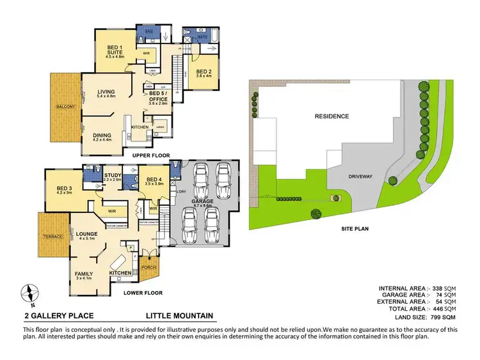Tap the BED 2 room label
point(204,71)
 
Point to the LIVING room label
point(106,93)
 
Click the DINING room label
point(102,135)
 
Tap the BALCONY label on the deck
point(66,106)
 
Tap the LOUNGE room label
point(86,235)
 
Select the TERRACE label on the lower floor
point(52,237)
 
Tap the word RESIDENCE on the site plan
point(331,116)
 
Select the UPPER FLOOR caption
point(151,155)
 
